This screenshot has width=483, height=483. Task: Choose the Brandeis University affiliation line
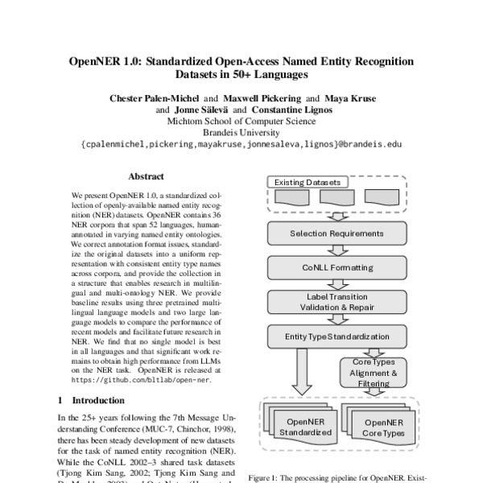pyautogui.click(x=241, y=133)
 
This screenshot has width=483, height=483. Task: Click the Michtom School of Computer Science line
pyautogui.click(x=241, y=122)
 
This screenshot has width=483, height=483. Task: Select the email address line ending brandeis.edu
pyautogui.click(x=241, y=145)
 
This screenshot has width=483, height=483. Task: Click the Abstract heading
pyautogui.click(x=146, y=176)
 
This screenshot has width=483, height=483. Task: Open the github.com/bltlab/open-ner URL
pyautogui.click(x=140, y=378)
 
